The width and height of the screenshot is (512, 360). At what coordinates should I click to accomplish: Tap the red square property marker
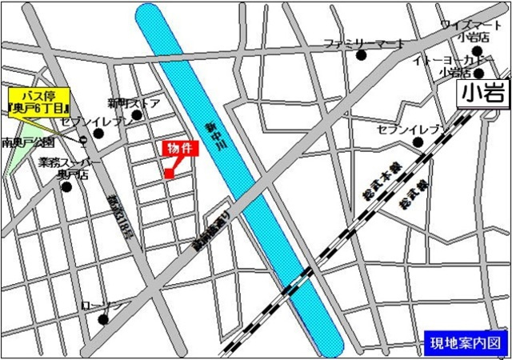click(169, 173)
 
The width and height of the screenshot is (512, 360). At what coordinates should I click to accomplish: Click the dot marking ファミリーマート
click(362, 55)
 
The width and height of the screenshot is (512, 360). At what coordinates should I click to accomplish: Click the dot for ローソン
click(103, 320)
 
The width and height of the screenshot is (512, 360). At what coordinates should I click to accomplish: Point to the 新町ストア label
click(134, 103)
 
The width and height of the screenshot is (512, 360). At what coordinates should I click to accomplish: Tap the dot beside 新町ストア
click(138, 115)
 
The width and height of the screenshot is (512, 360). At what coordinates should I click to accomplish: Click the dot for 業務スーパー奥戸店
click(66, 187)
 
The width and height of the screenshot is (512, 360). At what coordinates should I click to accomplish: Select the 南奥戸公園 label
click(29, 142)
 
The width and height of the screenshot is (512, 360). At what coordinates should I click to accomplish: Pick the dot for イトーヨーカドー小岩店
click(478, 74)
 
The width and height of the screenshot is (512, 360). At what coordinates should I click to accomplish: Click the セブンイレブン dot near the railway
click(418, 142)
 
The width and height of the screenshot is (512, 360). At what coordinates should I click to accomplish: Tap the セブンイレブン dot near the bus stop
click(99, 133)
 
